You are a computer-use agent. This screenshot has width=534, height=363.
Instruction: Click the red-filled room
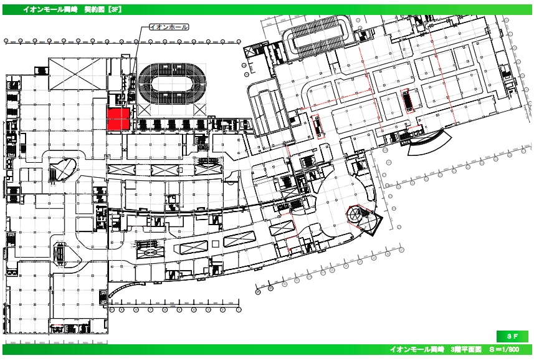pos(118,119)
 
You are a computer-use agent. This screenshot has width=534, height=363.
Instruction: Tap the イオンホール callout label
pos(169,27)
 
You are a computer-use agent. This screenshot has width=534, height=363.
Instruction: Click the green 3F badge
pos(512,336)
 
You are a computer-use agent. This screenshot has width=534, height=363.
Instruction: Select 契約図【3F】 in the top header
pos(103,9)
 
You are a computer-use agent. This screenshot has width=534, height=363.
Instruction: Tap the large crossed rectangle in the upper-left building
pos(77,74)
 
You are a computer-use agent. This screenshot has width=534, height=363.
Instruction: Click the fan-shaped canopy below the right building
pos(430,142)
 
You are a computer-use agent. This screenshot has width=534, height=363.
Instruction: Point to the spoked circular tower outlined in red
pos(356,214)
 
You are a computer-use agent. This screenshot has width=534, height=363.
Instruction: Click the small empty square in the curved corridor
pos(215,244)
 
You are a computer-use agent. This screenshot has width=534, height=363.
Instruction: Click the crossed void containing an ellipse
pos(149,251)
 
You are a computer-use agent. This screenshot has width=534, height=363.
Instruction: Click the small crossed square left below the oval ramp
pos(144,110)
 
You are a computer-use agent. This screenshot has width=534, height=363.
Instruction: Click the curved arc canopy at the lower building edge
pos(123,288)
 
